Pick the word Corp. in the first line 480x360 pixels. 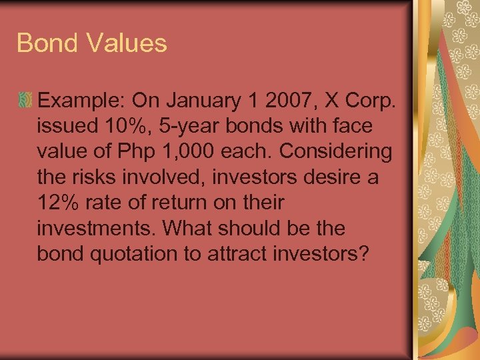(x=375, y=101)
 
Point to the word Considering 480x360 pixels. (x=336, y=151)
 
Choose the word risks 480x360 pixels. (x=97, y=177)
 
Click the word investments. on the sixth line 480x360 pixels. (x=98, y=228)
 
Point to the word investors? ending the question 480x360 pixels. (x=321, y=253)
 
